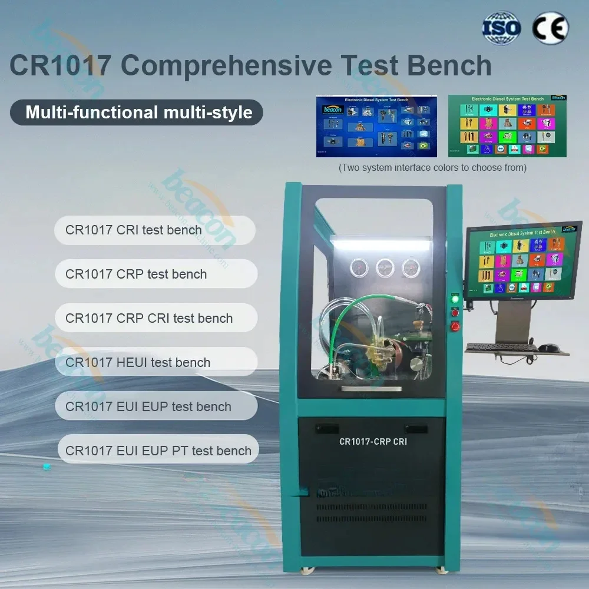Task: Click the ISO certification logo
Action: (502, 28)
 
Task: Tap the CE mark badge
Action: (550, 28)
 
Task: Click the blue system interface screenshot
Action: (376, 125)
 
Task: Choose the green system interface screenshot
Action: (507, 125)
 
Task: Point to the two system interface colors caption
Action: (432, 168)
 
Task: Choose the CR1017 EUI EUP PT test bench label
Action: (158, 451)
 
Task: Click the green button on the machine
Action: (454, 300)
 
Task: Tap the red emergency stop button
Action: (454, 326)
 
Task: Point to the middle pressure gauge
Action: (385, 268)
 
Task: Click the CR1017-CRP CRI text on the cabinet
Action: (373, 441)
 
